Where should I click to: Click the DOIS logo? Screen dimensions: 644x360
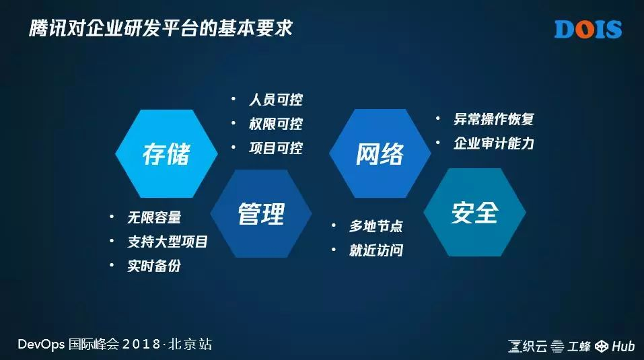(588, 29)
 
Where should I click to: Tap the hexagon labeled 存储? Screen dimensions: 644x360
(166, 153)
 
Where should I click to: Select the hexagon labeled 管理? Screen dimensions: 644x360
(261, 213)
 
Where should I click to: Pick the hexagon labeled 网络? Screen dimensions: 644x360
(380, 153)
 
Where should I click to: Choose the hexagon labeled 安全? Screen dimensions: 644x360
(475, 212)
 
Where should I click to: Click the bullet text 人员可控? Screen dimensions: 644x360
(276, 100)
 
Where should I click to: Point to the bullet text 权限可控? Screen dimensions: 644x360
(276, 124)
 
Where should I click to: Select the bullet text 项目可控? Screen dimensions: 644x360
(276, 148)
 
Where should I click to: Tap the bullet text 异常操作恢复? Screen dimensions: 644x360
(494, 119)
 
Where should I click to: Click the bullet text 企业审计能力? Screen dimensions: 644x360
(494, 143)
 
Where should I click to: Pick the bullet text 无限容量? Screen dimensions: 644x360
(154, 217)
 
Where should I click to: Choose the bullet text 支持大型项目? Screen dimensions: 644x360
(168, 242)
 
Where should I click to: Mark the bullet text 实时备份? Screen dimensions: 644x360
(154, 266)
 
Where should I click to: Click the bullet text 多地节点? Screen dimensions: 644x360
(376, 226)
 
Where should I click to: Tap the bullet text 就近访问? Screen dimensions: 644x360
(376, 250)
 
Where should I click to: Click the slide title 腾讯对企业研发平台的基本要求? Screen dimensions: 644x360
(161, 28)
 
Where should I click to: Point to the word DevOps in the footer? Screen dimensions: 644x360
(41, 344)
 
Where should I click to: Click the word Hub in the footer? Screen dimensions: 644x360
(623, 347)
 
